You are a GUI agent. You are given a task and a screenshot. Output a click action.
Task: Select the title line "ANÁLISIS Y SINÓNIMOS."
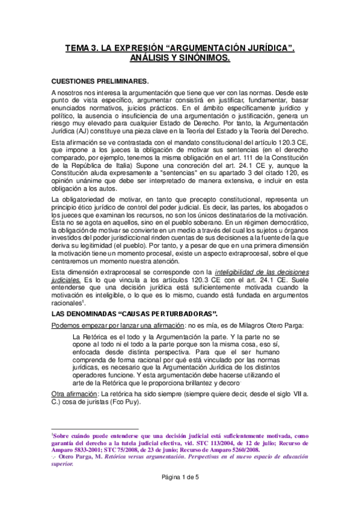point(180,58)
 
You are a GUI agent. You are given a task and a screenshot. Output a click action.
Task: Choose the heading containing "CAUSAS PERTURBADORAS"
point(135,314)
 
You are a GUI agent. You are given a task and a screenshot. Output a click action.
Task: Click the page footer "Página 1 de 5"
point(180,494)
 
